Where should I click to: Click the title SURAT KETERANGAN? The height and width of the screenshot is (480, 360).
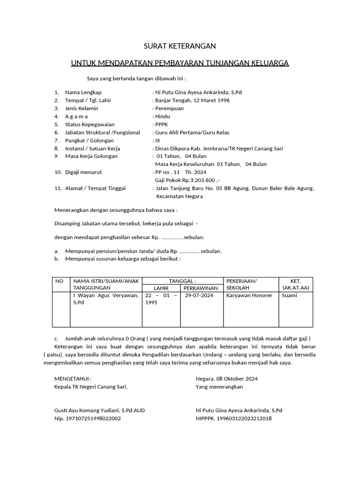180,46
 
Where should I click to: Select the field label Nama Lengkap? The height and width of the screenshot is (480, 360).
83,92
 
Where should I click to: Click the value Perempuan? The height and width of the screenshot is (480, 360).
169,108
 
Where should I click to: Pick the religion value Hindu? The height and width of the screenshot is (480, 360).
163,116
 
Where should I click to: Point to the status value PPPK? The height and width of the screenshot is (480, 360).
161,124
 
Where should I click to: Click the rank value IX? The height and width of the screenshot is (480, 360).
157,140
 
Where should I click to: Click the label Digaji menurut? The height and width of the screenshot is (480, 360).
83,172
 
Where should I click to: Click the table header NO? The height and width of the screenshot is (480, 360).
59,281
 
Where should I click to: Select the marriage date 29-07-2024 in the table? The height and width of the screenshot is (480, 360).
199,295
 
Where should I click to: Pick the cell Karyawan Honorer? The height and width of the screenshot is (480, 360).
249,295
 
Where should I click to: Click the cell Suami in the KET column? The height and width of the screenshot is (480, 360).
289,295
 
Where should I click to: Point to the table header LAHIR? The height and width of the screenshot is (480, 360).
161,287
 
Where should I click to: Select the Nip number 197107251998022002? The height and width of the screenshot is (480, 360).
93,418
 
